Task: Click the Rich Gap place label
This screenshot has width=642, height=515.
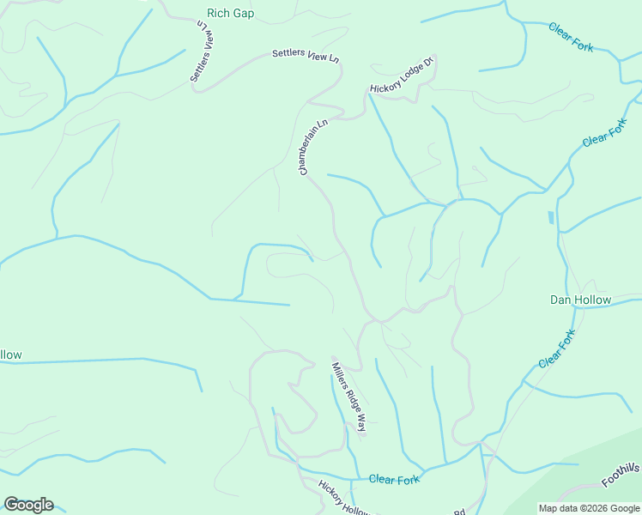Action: [231, 14]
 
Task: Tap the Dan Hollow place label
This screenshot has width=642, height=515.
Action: [580, 300]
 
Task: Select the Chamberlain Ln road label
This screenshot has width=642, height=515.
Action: [313, 148]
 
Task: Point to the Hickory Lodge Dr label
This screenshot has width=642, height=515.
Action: [403, 75]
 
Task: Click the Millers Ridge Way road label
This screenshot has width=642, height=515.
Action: [349, 397]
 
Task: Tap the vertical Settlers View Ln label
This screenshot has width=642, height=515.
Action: [200, 53]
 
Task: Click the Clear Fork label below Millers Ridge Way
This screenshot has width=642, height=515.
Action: [394, 479]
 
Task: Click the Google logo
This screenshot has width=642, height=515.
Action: [28, 505]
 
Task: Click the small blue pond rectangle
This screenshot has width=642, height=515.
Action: [549, 218]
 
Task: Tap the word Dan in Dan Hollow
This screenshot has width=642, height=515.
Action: [560, 300]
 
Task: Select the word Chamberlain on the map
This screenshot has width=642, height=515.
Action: [312, 152]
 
